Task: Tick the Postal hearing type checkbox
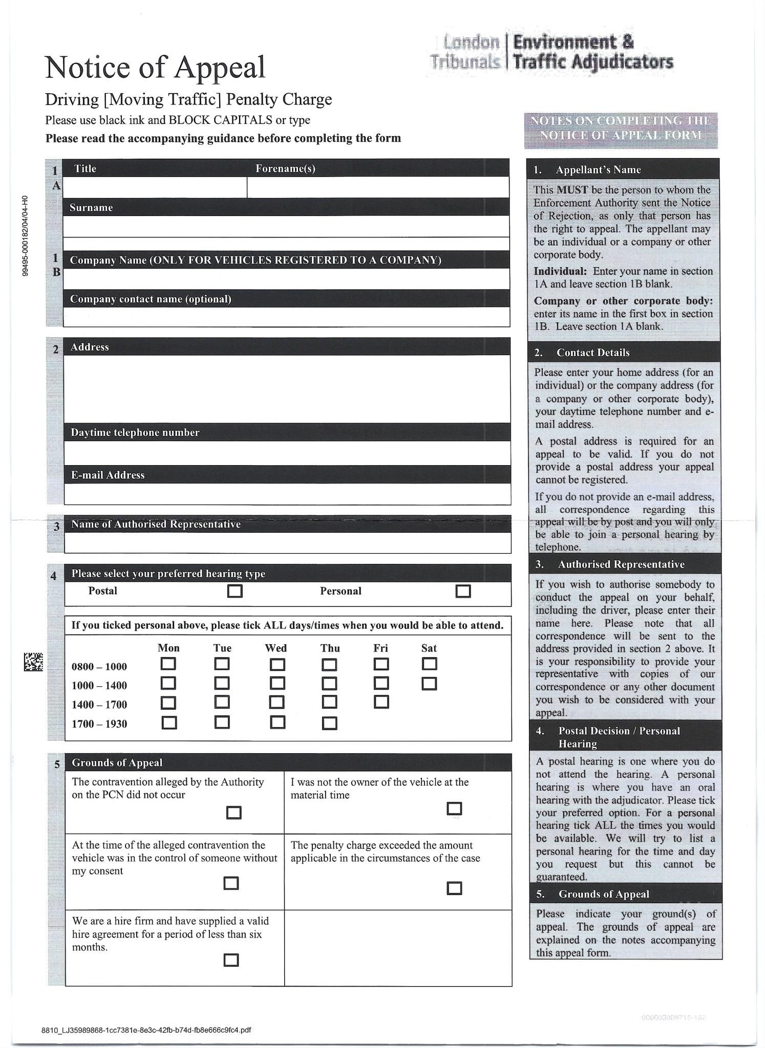(x=235, y=592)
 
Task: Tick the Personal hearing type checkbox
(x=463, y=592)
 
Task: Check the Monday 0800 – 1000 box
(x=168, y=664)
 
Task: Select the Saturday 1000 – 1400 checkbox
(x=429, y=684)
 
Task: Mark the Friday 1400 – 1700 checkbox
(x=381, y=702)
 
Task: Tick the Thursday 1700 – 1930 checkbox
(x=329, y=723)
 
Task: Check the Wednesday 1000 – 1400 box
(x=278, y=684)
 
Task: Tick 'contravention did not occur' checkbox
(x=233, y=813)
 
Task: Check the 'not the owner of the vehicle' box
(x=454, y=809)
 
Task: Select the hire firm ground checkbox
(x=231, y=960)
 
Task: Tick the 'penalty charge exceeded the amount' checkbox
(x=454, y=888)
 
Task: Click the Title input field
(x=155, y=187)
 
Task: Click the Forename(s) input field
(x=378, y=187)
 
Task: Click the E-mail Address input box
(x=287, y=494)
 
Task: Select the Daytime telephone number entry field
(x=287, y=453)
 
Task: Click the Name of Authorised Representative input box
(x=287, y=543)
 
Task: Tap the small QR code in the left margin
(x=33, y=662)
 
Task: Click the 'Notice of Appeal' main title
(x=156, y=67)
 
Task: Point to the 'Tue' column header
(x=222, y=648)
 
